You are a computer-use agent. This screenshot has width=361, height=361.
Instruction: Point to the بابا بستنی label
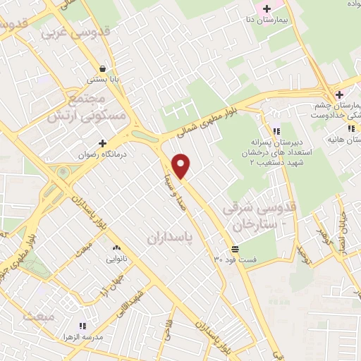[x=104, y=80]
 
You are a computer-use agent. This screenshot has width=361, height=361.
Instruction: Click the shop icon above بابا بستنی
[x=104, y=69]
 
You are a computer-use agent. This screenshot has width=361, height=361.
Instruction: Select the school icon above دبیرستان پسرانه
[x=277, y=130]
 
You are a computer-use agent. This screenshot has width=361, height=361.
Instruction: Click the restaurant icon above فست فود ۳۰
[x=235, y=248]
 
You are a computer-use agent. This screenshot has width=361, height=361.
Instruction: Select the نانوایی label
[x=116, y=259]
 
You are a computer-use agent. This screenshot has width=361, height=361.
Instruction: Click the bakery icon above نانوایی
[x=116, y=247]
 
